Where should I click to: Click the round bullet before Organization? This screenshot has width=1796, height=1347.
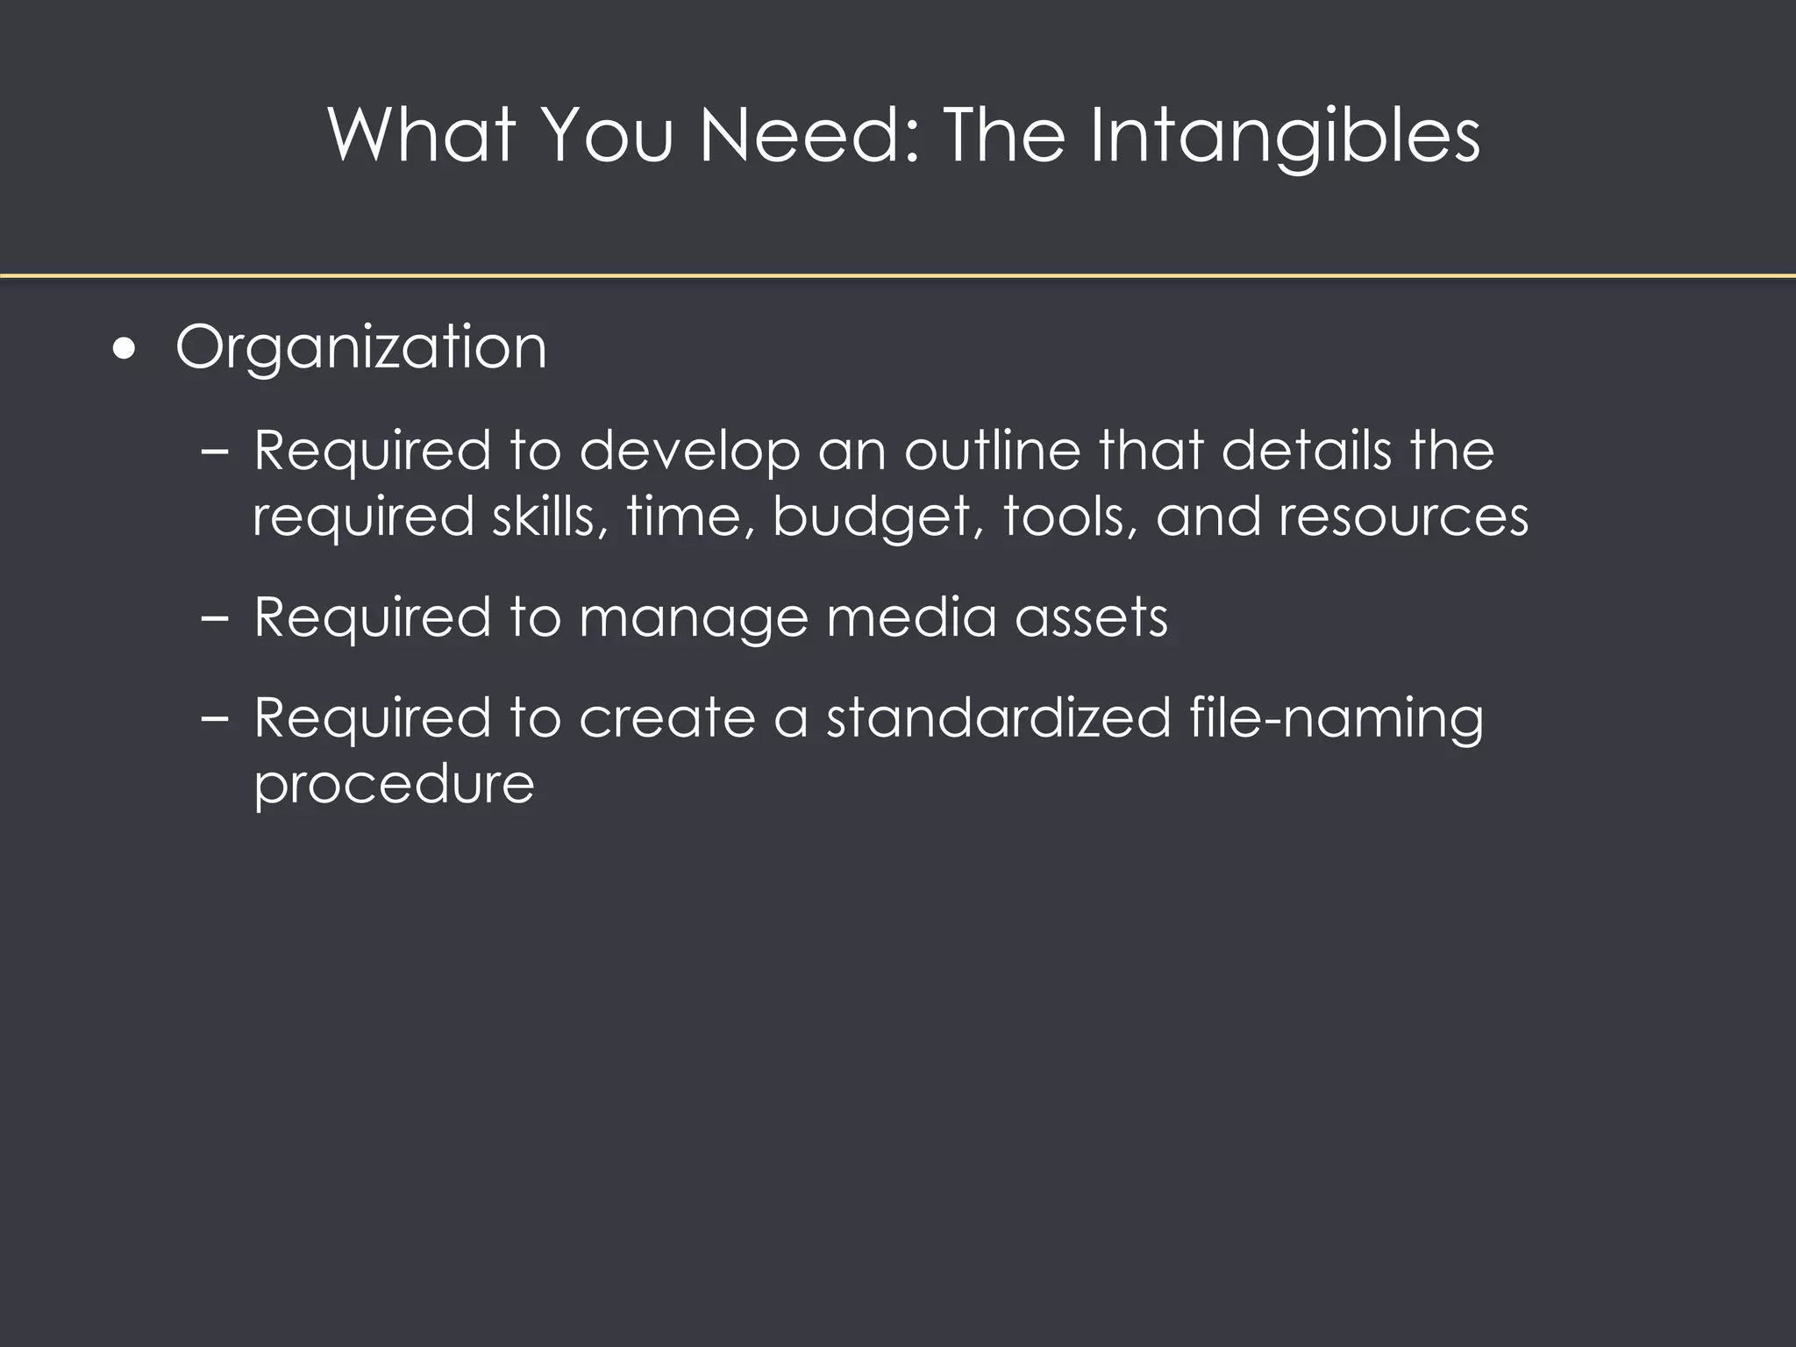(x=125, y=350)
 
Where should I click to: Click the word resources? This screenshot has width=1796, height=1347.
(x=1403, y=517)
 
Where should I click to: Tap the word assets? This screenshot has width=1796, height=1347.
(x=1091, y=617)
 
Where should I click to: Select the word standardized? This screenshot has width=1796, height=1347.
(x=998, y=717)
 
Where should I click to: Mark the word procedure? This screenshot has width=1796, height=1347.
(x=394, y=784)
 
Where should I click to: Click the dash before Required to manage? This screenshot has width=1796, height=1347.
(x=214, y=617)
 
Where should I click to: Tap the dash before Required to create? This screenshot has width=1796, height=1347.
(x=214, y=718)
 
